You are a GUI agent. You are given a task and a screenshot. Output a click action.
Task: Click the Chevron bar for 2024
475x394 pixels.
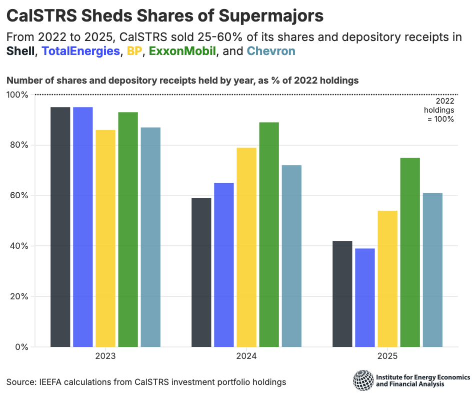[x=291, y=256]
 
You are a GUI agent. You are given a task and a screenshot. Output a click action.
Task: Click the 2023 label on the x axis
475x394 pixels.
[x=105, y=357]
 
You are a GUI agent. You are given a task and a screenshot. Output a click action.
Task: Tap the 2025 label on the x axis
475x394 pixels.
[x=387, y=357]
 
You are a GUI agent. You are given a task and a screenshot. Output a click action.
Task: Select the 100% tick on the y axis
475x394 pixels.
[x=18, y=95]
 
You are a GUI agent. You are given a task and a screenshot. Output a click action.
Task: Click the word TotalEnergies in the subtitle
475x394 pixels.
[x=81, y=51]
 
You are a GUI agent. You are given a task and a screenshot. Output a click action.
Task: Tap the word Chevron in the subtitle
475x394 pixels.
[x=271, y=51]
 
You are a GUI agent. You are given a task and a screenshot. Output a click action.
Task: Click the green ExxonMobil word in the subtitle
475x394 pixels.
[x=182, y=51]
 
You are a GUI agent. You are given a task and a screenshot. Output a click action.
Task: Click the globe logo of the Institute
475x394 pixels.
[x=362, y=380]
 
